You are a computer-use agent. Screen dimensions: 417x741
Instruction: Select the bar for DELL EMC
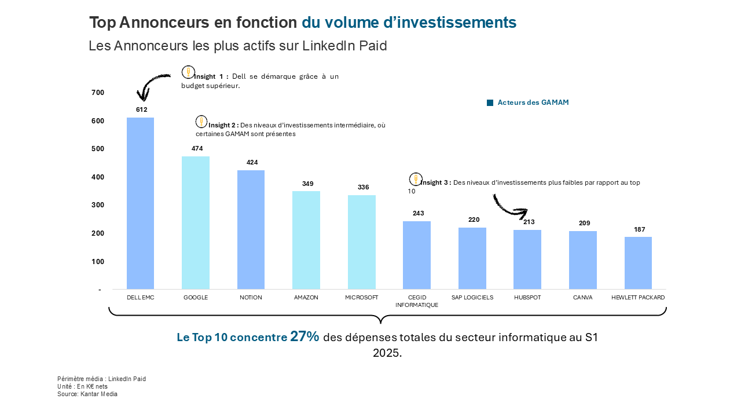point(140,203)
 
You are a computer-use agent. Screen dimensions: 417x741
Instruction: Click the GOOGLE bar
point(196,222)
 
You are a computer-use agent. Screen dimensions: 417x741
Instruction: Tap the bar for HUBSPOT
point(527,259)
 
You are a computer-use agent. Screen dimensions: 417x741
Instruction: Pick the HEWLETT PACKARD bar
point(638,263)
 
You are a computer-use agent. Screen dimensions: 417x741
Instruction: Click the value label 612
point(142,109)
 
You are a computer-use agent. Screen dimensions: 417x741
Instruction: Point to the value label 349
point(307,184)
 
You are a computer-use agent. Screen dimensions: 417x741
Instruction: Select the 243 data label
point(419,213)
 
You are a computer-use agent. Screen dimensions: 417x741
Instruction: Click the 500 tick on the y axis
point(98,149)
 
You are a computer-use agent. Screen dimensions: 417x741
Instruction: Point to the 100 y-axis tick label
point(98,262)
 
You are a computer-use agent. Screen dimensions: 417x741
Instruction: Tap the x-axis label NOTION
point(251,298)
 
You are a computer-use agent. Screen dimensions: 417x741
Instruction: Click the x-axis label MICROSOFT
point(361,298)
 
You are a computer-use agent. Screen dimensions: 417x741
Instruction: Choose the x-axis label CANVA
point(582,298)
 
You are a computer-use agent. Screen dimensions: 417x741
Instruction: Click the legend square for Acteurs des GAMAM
point(490,103)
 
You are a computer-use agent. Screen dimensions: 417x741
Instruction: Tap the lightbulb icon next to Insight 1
point(188,72)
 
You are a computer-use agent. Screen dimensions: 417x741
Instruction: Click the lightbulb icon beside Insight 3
point(416,179)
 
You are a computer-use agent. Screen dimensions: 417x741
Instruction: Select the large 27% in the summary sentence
point(305,336)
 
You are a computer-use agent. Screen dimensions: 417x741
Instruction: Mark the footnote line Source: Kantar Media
point(87,394)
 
